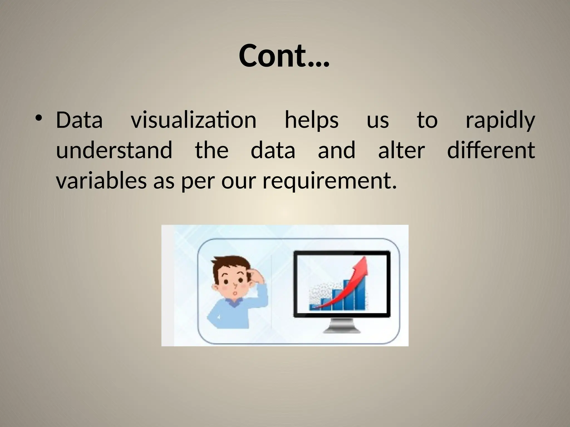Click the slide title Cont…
pyautogui.click(x=284, y=56)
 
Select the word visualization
pyautogui.click(x=193, y=120)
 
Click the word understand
pyautogui.click(x=114, y=150)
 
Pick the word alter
pyautogui.click(x=401, y=150)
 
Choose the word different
pyautogui.click(x=491, y=150)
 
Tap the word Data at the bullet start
pyautogui.click(x=79, y=120)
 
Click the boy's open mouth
pyautogui.click(x=235, y=293)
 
